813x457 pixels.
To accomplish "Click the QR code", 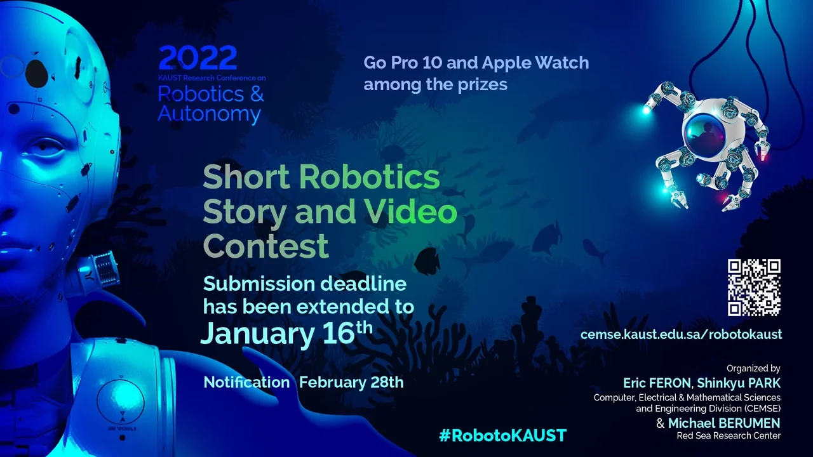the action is (x=754, y=288).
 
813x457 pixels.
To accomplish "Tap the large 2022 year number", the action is (x=198, y=58).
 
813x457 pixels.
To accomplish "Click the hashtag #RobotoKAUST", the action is (x=502, y=435).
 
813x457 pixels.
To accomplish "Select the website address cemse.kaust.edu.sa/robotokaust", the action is (x=682, y=334).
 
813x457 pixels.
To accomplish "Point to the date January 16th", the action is (x=286, y=333).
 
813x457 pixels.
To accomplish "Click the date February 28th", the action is (x=351, y=382).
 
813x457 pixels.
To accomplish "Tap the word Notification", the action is (x=246, y=382).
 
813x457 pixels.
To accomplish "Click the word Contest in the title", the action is (x=265, y=246).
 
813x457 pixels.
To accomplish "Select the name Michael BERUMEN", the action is (x=724, y=423).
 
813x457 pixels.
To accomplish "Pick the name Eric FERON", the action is (x=657, y=383).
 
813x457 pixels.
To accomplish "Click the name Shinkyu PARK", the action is (x=739, y=383).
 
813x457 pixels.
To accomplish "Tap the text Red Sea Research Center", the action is (x=729, y=435).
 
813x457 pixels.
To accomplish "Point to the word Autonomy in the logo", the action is (x=210, y=114).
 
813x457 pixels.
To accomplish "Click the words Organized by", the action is (x=753, y=369).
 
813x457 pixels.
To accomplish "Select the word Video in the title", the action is (x=410, y=211).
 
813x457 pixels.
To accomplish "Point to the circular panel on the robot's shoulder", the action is (x=121, y=401).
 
